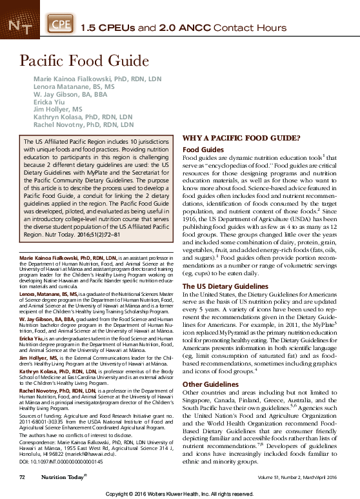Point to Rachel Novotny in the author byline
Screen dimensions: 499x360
point(83,125)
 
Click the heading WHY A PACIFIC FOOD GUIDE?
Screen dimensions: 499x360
point(241,139)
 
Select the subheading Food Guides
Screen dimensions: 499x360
point(203,150)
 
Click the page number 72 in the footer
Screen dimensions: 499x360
point(21,477)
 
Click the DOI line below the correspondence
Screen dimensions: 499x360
point(57,464)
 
